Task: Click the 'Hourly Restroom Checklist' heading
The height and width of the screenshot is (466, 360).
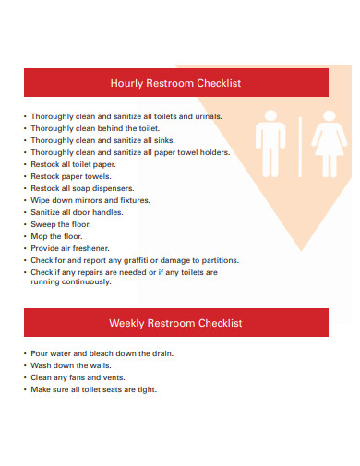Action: click(175, 83)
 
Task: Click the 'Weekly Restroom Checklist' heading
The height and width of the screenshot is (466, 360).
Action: click(175, 323)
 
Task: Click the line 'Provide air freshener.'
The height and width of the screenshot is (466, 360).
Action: click(70, 248)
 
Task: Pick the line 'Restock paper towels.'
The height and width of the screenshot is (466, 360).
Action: click(70, 176)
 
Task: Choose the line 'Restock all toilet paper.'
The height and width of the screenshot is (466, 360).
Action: click(75, 164)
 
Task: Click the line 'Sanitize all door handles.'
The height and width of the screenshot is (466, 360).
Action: click(77, 212)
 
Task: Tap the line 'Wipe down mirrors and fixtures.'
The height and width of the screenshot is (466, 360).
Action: click(90, 200)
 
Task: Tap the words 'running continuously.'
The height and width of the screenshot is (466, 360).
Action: click(71, 281)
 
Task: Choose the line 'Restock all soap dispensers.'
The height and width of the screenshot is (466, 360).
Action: click(83, 188)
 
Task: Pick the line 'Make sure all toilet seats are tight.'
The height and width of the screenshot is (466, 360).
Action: click(93, 389)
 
